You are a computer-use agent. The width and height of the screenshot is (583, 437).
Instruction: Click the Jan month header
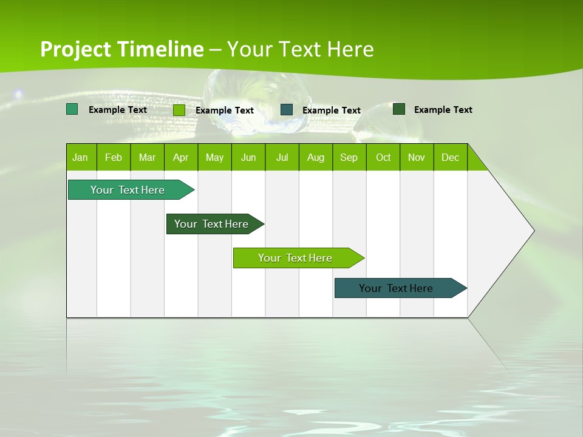(x=81, y=157)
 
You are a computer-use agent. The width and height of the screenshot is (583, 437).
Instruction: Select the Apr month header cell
(x=181, y=157)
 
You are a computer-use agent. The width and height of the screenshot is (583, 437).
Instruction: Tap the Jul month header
(x=282, y=157)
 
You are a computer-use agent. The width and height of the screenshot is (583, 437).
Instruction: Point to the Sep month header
(x=349, y=157)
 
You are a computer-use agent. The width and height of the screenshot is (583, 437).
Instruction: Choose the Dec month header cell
(x=450, y=157)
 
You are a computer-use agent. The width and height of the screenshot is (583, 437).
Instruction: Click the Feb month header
(x=114, y=157)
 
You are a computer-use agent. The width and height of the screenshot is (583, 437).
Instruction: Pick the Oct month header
(x=383, y=157)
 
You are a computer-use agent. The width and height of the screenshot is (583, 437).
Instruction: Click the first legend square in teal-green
(x=72, y=109)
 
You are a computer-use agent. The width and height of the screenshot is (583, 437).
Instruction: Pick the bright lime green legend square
(x=179, y=110)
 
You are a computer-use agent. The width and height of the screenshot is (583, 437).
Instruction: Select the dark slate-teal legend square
(x=287, y=109)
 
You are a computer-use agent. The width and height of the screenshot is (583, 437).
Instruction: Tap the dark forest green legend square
(x=399, y=109)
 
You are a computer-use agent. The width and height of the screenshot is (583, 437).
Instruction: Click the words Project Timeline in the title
(x=121, y=49)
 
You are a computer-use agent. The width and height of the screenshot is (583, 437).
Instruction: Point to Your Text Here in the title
(x=300, y=49)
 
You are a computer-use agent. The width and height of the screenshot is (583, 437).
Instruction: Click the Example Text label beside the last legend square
(x=443, y=110)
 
